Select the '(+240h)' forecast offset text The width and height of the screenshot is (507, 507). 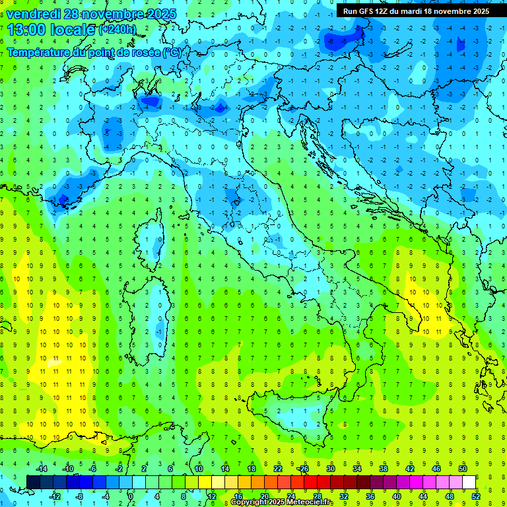click(118, 30)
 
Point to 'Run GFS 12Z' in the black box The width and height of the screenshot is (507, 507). click(366, 11)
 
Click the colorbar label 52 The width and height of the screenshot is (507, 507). click(476, 496)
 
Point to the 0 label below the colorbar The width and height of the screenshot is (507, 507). click(131, 496)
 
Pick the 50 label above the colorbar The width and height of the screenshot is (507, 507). click(462, 469)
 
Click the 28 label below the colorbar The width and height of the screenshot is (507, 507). click(317, 496)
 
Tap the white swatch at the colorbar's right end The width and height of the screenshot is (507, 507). click(469, 482)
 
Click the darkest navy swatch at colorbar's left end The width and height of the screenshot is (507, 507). click(34, 482)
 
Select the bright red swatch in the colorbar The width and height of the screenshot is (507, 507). click(311, 482)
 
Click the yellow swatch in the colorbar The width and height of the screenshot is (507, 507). click(205, 482)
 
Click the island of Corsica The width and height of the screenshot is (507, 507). click(154, 238)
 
